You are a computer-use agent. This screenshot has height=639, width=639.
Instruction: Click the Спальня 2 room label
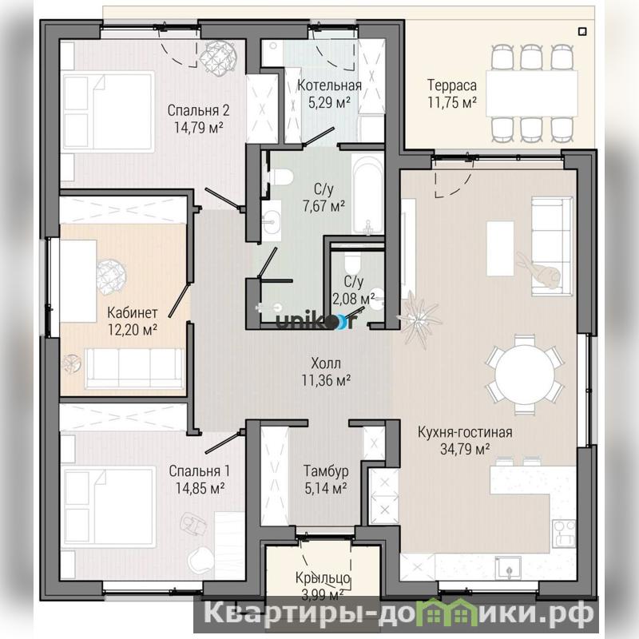198,110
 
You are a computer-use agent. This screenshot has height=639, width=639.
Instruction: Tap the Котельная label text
329,85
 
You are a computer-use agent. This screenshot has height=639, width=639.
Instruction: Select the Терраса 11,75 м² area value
452,102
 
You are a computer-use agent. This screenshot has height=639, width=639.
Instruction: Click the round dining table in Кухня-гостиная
525,375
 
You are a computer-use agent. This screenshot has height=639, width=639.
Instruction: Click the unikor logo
316,321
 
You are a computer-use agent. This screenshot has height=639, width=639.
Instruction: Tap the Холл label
326,363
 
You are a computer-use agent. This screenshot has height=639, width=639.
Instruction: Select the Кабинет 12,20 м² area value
133,329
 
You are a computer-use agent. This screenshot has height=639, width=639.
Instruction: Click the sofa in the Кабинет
134,368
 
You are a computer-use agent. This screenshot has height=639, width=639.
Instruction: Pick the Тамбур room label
326,471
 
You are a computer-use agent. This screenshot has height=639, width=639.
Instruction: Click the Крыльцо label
323,577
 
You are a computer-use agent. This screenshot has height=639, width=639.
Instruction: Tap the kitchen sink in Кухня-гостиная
508,568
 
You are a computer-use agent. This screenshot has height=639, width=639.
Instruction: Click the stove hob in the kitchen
564,534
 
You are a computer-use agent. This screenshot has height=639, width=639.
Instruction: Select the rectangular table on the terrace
531,93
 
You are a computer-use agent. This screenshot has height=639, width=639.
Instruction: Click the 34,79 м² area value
465,449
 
